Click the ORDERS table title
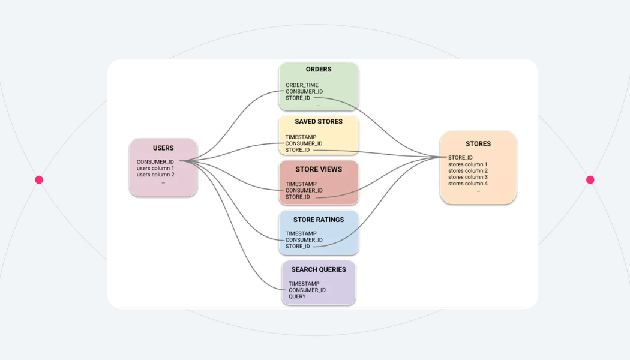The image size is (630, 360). pyautogui.click(x=319, y=70)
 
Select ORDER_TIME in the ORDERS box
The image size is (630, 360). pyautogui.click(x=302, y=85)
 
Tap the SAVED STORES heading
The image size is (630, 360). pyautogui.click(x=319, y=122)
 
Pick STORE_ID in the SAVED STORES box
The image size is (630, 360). pyautogui.click(x=298, y=150)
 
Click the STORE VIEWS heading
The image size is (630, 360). pyautogui.click(x=319, y=170)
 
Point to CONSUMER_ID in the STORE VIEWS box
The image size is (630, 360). pyautogui.click(x=304, y=191)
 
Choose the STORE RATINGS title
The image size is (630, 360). pyautogui.click(x=319, y=220)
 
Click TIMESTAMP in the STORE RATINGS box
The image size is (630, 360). pyautogui.click(x=301, y=233)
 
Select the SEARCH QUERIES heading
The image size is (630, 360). pyautogui.click(x=319, y=270)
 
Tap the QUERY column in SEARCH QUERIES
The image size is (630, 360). pyautogui.click(x=297, y=296)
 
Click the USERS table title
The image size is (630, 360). pyautogui.click(x=163, y=148)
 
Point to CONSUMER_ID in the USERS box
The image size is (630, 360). pyautogui.click(x=155, y=162)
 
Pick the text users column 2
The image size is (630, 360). pyautogui.click(x=155, y=175)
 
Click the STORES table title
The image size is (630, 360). pyautogui.click(x=478, y=144)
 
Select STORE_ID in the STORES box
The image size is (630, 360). pyautogui.click(x=460, y=158)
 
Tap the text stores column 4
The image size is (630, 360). pyautogui.click(x=468, y=184)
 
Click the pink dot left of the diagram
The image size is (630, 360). pyautogui.click(x=39, y=180)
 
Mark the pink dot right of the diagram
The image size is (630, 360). pyautogui.click(x=590, y=180)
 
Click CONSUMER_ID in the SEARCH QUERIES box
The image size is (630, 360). pyautogui.click(x=307, y=290)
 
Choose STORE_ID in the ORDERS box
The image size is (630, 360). pyautogui.click(x=298, y=98)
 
